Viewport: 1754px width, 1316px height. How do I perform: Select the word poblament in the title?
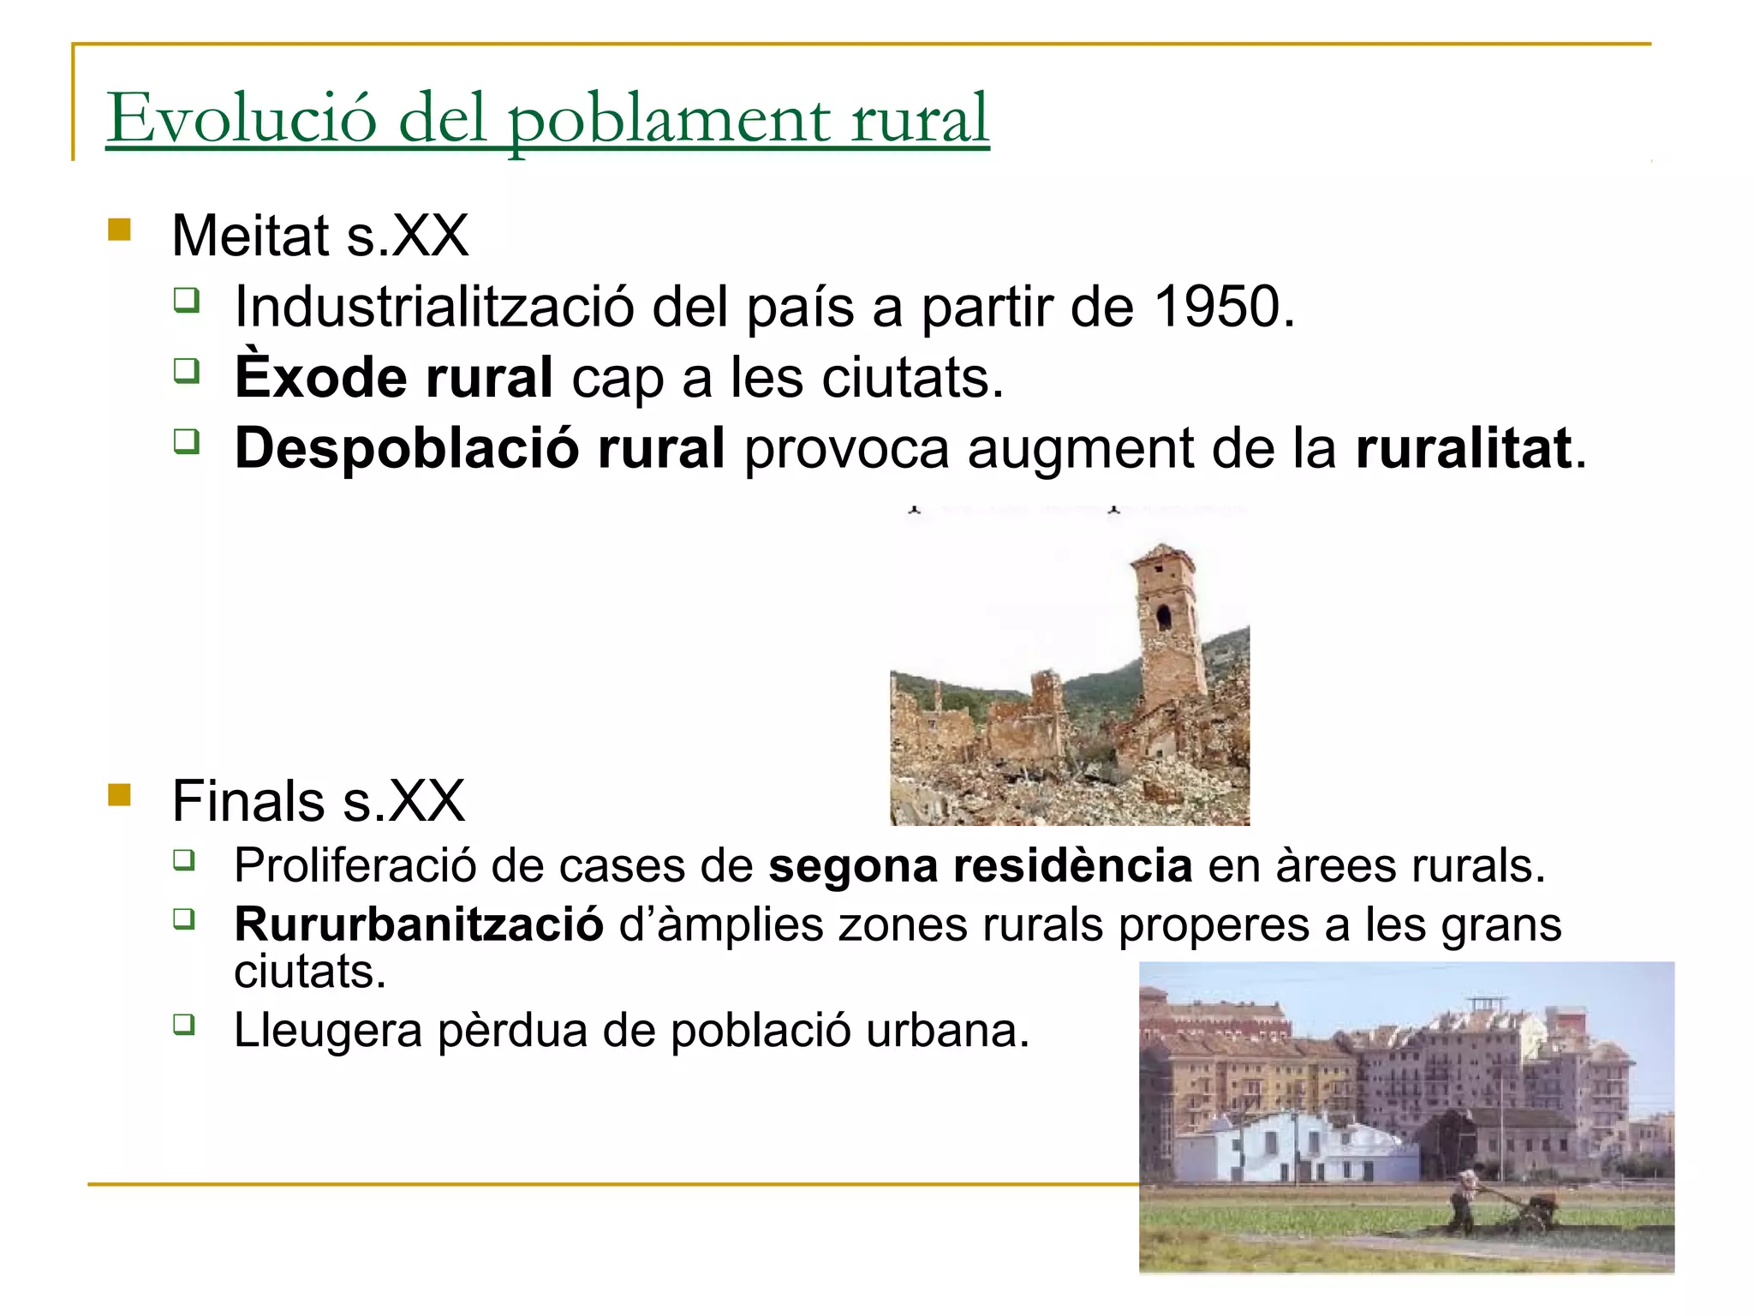click(x=669, y=120)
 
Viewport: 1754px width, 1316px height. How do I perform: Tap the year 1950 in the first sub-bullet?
click(x=1217, y=307)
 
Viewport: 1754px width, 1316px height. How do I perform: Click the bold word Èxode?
click(x=321, y=377)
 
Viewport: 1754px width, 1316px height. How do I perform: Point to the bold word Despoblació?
click(x=406, y=448)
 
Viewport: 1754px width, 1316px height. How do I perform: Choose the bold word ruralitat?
click(x=1464, y=448)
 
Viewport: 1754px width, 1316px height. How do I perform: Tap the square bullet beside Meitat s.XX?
click(x=120, y=230)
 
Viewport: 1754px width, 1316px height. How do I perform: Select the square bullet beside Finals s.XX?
click(x=120, y=796)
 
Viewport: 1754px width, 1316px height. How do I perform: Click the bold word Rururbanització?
click(x=419, y=924)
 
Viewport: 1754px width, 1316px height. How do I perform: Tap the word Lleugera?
click(x=328, y=1030)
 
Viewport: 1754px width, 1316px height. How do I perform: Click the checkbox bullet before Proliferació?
click(x=184, y=859)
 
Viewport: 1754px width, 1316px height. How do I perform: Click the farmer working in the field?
click(x=1464, y=1199)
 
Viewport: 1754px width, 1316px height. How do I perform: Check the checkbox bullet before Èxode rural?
click(x=186, y=371)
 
